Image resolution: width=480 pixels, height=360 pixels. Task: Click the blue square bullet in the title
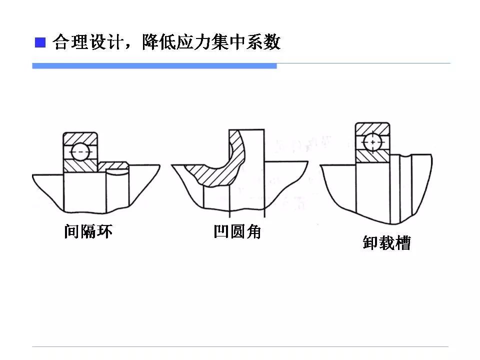click(39, 42)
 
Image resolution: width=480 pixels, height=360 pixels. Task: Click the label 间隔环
click(88, 231)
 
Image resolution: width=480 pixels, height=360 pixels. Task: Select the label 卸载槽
click(386, 243)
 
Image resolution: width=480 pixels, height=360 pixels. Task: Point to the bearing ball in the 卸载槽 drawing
click(372, 142)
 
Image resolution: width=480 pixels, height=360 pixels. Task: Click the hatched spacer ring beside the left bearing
click(112, 165)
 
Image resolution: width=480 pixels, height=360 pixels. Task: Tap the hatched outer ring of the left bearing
click(80, 137)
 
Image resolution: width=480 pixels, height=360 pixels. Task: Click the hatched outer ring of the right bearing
click(372, 128)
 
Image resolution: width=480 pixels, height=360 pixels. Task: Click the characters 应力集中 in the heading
click(204, 42)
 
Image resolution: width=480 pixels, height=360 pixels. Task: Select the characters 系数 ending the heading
click(264, 42)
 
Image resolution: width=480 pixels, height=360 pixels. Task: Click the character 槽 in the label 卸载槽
click(402, 243)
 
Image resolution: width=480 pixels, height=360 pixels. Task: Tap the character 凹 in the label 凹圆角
click(220, 232)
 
